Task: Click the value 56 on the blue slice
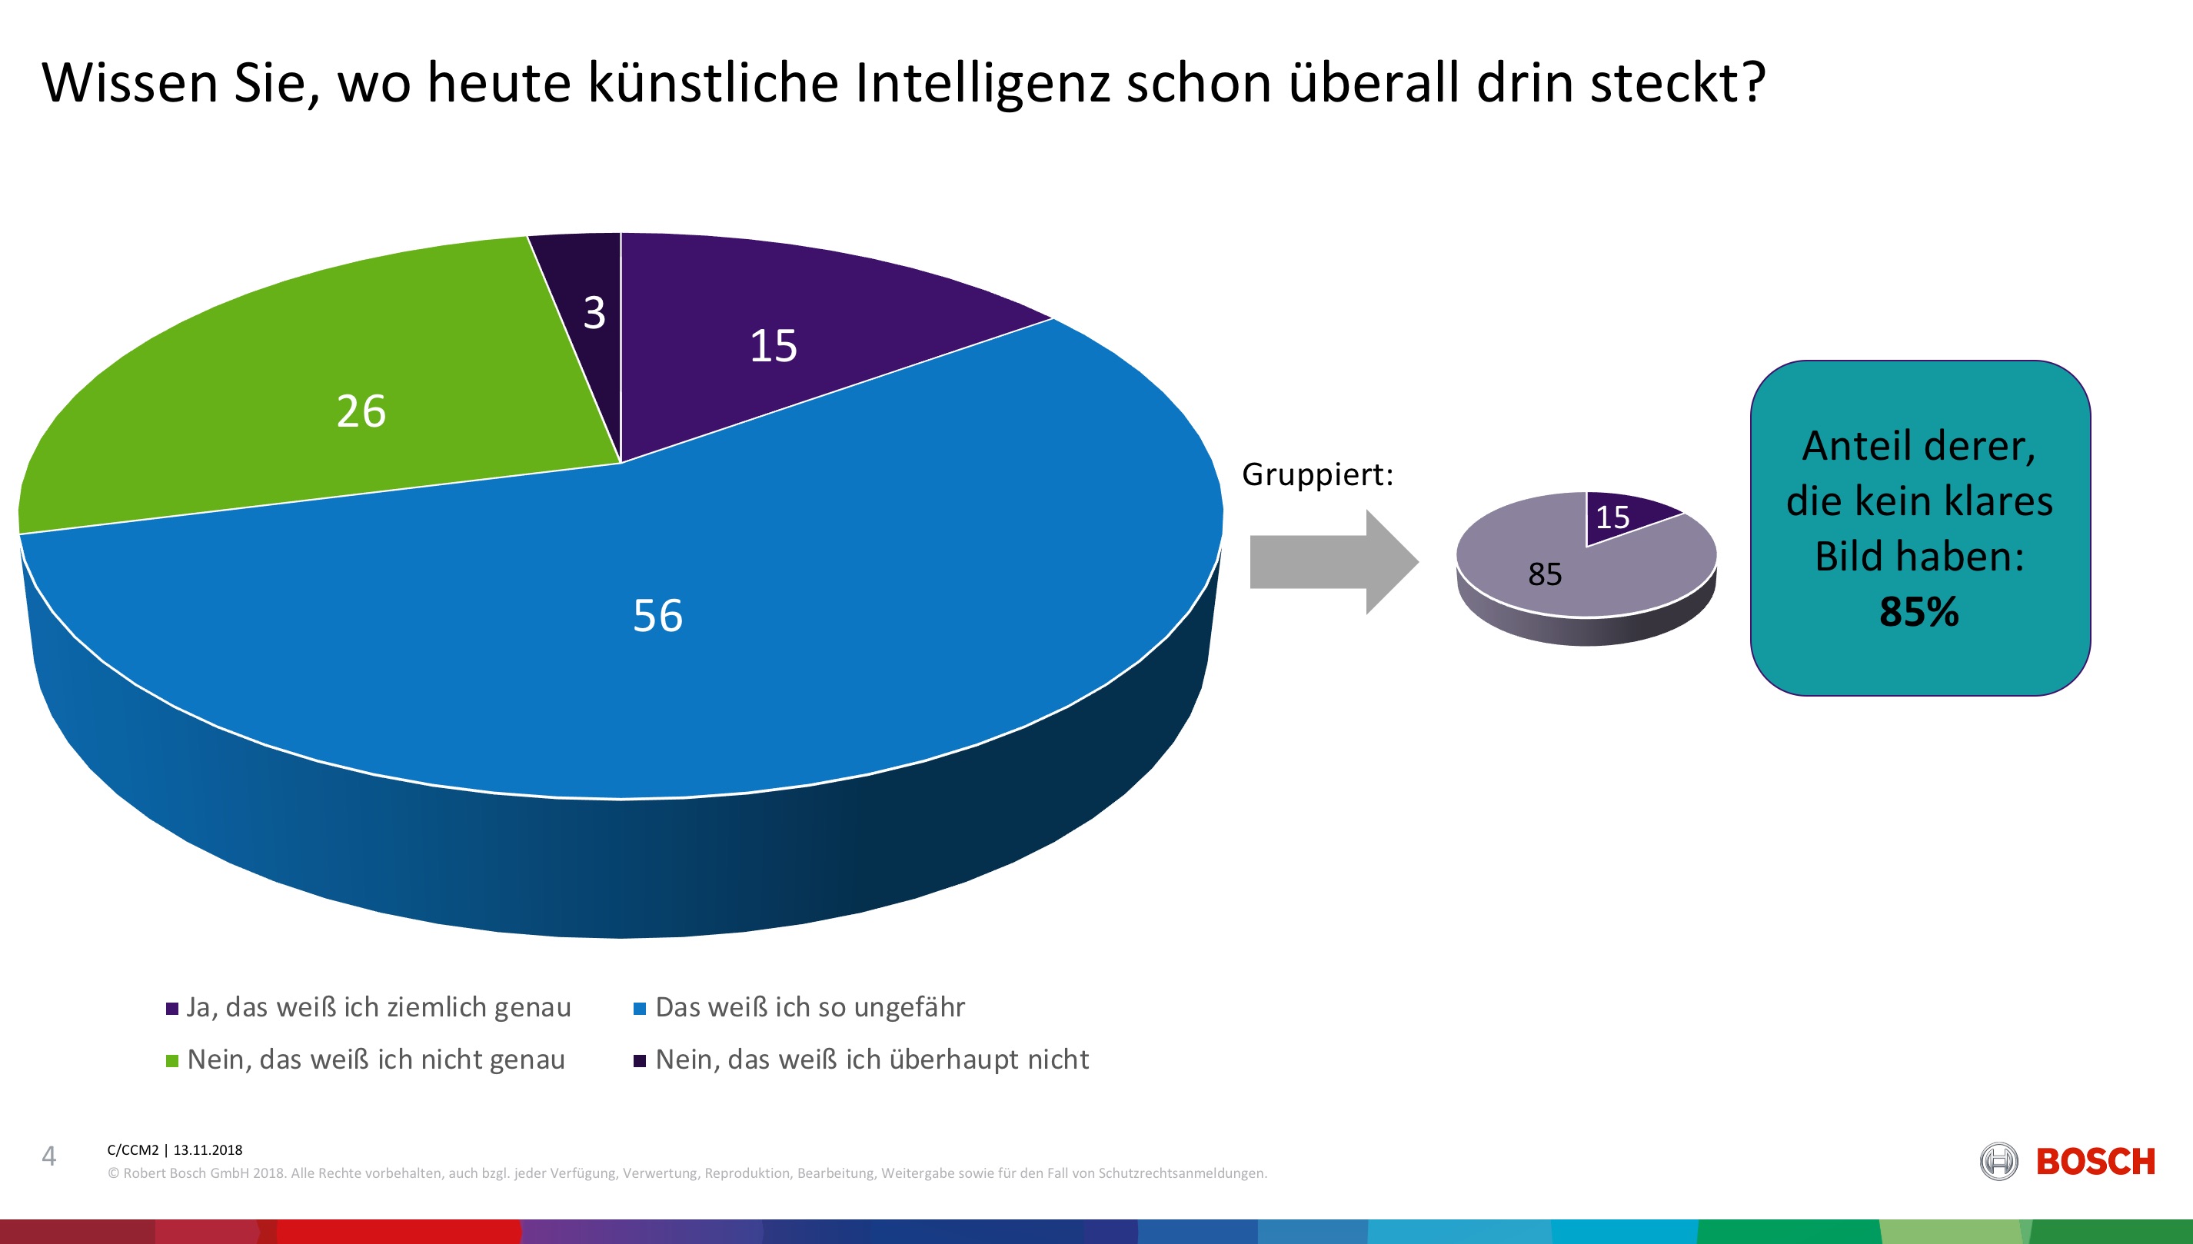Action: tap(657, 615)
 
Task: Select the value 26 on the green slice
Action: tap(361, 411)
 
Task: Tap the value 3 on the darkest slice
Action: tap(594, 313)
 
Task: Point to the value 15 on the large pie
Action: tap(773, 346)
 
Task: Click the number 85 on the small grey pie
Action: tap(1544, 574)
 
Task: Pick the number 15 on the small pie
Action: tap(1612, 517)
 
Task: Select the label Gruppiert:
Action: tap(1316, 474)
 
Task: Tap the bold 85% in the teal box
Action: tap(1918, 612)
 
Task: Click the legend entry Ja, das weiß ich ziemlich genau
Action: tap(378, 1007)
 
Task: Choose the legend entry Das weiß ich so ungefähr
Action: tap(809, 1007)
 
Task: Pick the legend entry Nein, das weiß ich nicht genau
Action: tap(376, 1059)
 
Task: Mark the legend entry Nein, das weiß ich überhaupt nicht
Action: tap(871, 1059)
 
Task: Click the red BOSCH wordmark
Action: tap(2095, 1162)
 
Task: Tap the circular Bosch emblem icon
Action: tap(1998, 1162)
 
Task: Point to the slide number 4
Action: tap(48, 1156)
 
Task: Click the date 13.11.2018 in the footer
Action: tap(208, 1150)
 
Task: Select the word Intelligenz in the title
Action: tap(982, 83)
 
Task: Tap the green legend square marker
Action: tap(171, 1061)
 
